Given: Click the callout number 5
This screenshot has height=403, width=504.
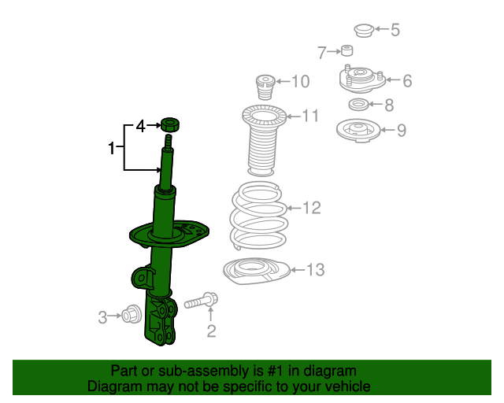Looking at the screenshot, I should (x=395, y=31).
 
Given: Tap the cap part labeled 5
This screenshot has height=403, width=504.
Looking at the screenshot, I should (x=363, y=31).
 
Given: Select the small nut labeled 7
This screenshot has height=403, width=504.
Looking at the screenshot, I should (x=346, y=52).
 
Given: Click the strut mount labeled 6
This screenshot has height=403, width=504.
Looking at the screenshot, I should (x=360, y=79).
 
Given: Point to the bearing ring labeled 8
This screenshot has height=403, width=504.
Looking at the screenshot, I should (x=358, y=105).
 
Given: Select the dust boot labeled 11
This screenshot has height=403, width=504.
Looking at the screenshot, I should (x=261, y=142).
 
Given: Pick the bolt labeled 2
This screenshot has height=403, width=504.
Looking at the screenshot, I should (x=201, y=301).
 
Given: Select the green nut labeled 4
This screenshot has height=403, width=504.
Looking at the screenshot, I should (x=169, y=124).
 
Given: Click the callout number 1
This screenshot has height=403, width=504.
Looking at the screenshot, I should (x=113, y=147).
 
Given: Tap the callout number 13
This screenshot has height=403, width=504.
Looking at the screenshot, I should (x=314, y=271).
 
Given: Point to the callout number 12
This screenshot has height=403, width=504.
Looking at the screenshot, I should (x=311, y=208).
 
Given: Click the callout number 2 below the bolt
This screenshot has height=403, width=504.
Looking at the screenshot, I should (x=211, y=331).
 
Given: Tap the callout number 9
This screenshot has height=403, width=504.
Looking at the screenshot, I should (x=402, y=131).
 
